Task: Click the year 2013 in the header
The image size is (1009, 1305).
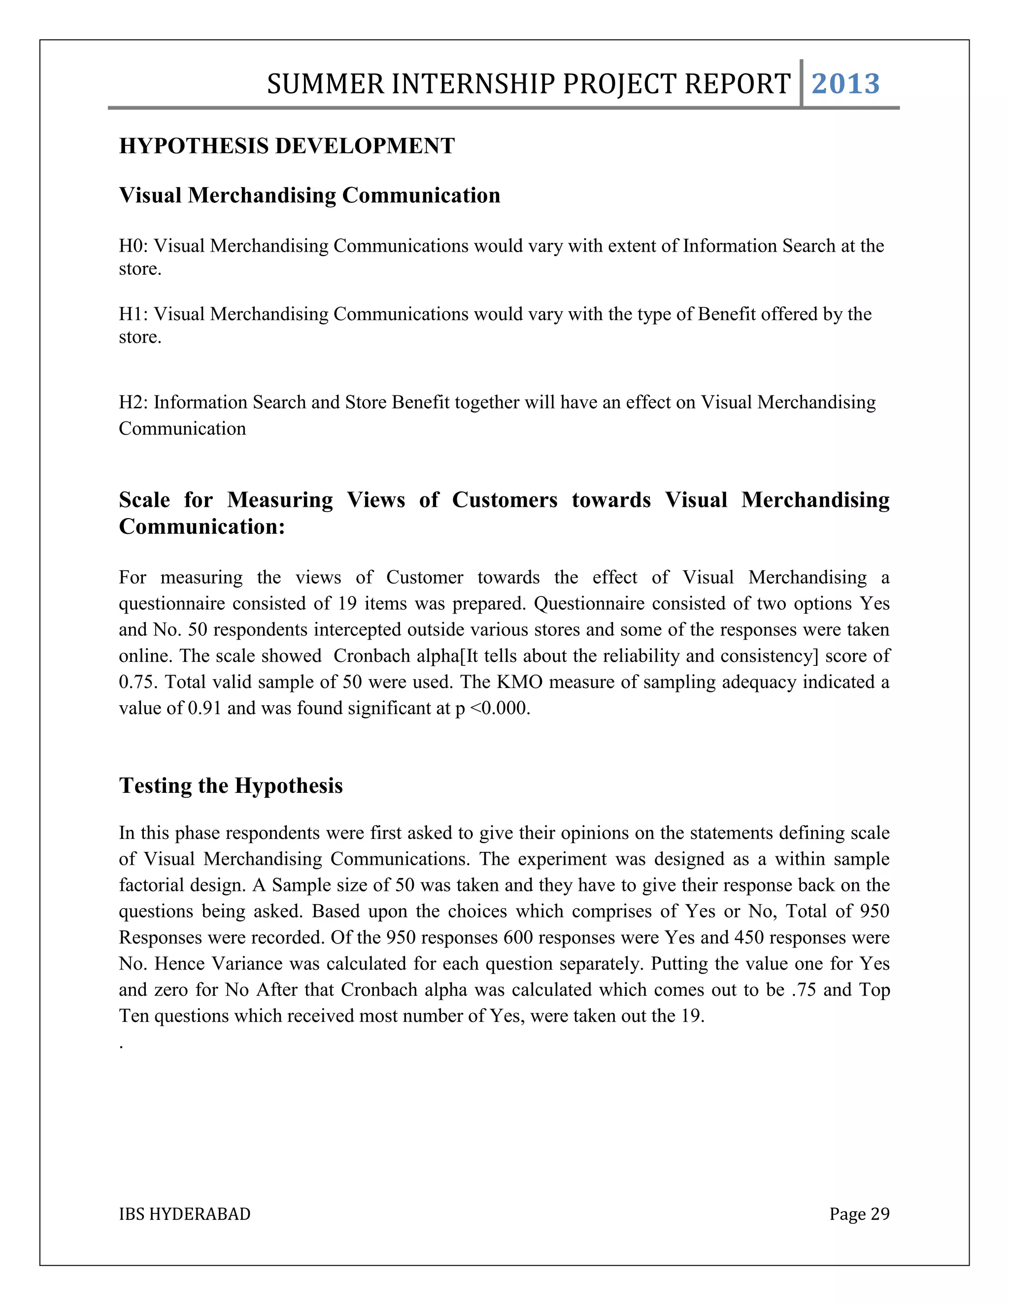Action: pyautogui.click(x=845, y=84)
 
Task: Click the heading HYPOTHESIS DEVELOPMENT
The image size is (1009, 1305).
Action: pyautogui.click(x=287, y=146)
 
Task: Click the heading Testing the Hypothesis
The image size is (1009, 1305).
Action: pyautogui.click(x=231, y=785)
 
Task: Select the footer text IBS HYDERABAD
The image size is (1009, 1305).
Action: pyautogui.click(x=185, y=1214)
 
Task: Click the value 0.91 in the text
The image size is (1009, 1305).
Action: pyautogui.click(x=204, y=708)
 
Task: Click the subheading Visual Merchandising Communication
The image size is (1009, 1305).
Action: pyautogui.click(x=309, y=196)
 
